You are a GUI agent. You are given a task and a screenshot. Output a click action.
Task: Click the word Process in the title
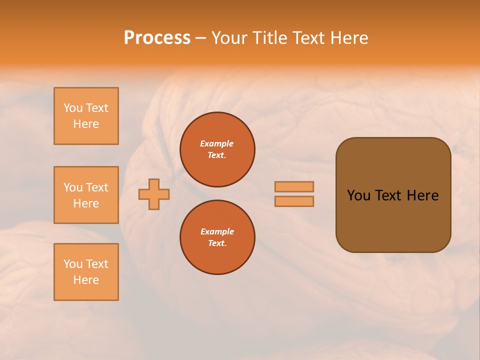(x=157, y=38)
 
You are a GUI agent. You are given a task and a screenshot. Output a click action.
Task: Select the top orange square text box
(x=86, y=116)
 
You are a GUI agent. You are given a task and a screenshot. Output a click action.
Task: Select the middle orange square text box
(x=86, y=195)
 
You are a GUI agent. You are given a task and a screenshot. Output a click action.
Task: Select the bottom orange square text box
(x=86, y=272)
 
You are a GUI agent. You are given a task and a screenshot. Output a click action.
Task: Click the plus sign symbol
(x=154, y=194)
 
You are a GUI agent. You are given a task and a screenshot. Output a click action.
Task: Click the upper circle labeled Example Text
(x=217, y=149)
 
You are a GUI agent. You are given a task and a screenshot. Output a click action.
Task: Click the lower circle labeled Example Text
(x=217, y=237)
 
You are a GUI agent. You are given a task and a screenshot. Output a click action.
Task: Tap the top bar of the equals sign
(x=294, y=186)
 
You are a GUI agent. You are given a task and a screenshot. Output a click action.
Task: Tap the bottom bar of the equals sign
(x=294, y=201)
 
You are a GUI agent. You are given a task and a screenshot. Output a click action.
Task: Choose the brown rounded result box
(x=393, y=220)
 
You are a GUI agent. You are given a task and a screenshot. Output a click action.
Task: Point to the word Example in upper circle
(x=217, y=144)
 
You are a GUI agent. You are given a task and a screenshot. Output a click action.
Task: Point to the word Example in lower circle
(x=217, y=232)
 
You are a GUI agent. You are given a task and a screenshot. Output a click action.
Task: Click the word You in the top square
(x=73, y=108)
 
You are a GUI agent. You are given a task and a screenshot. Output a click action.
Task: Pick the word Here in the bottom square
(x=86, y=280)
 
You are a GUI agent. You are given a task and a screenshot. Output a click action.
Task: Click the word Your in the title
(x=230, y=38)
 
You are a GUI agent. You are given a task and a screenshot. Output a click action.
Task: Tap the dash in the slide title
(x=200, y=38)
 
